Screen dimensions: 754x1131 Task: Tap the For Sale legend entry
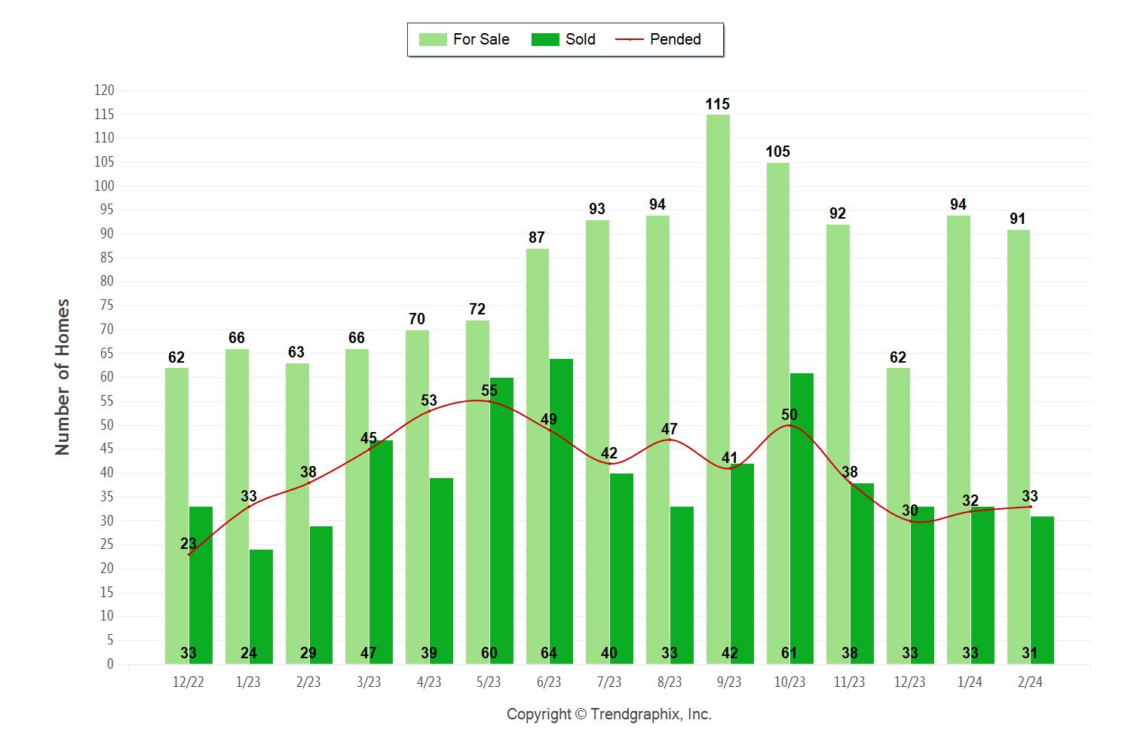(464, 39)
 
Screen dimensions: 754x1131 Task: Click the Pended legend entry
(659, 39)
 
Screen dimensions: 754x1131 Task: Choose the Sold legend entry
(563, 39)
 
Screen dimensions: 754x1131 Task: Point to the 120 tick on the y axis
(104, 90)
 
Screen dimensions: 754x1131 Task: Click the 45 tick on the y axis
(106, 449)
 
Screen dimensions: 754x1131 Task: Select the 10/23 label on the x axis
(789, 682)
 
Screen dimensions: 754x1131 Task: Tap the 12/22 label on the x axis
(188, 682)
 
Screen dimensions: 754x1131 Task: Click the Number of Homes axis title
(63, 377)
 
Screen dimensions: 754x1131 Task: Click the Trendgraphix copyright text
(609, 714)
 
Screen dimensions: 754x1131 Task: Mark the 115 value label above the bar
(718, 104)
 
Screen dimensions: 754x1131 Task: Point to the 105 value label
(778, 152)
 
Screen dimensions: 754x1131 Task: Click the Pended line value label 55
(489, 391)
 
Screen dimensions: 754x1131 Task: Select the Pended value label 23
(188, 544)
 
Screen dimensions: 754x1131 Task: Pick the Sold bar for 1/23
(261, 607)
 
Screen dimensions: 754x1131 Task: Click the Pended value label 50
(789, 415)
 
